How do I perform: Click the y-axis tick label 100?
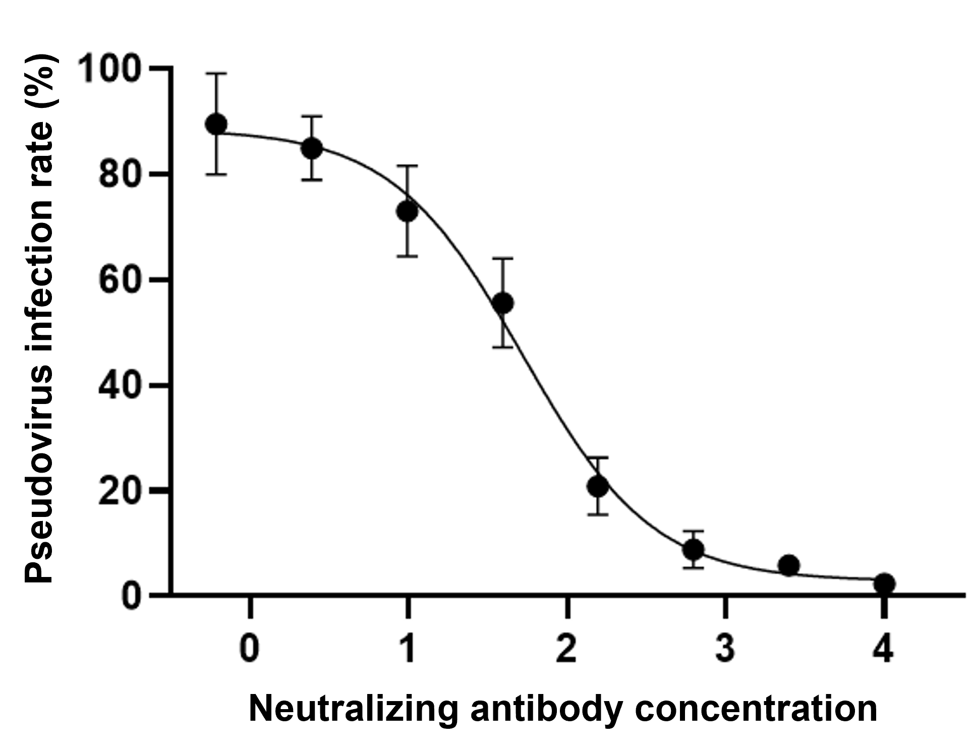[110, 69]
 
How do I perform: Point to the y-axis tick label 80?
[120, 175]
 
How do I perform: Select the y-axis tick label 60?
[120, 280]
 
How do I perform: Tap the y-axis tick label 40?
[120, 385]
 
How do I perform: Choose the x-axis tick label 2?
[567, 649]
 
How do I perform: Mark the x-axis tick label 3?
[725, 649]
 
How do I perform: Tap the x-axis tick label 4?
[883, 649]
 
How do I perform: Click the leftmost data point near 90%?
[217, 124]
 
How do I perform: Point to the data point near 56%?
[503, 303]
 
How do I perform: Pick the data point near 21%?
[598, 486]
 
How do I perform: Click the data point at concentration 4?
[884, 584]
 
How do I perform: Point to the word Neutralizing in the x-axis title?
[353, 709]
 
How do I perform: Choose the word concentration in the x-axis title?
[756, 709]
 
